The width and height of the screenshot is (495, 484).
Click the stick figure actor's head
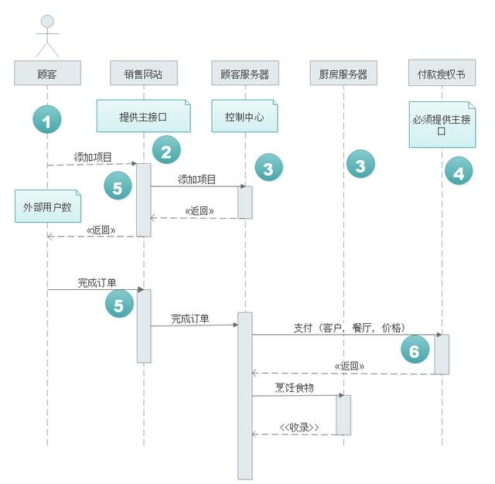tap(47, 22)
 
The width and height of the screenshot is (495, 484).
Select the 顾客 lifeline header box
tap(47, 73)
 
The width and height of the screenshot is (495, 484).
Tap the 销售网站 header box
tap(144, 73)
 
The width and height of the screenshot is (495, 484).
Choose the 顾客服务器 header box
tap(245, 73)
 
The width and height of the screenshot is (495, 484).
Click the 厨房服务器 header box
tap(343, 73)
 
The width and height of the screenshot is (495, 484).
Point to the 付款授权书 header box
tap(442, 73)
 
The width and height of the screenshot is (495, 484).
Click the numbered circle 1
tap(47, 120)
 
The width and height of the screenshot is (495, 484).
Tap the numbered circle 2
tap(166, 150)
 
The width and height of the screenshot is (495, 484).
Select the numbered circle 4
tap(459, 171)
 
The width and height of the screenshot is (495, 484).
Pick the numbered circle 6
tap(415, 349)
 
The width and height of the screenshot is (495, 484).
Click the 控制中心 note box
tap(244, 116)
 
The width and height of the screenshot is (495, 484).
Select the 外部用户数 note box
tap(48, 206)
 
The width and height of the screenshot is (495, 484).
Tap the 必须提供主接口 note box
tap(442, 124)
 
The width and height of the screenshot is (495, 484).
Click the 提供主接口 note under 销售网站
tap(144, 116)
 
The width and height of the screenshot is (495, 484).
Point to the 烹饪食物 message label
tap(294, 387)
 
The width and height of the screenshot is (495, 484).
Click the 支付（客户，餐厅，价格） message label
tap(349, 328)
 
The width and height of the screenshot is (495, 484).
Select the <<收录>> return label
tap(299, 428)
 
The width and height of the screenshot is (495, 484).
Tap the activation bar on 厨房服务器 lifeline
tap(343, 415)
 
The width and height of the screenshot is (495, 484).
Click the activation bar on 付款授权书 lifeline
tap(442, 354)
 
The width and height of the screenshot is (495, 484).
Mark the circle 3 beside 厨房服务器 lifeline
tap(360, 164)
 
